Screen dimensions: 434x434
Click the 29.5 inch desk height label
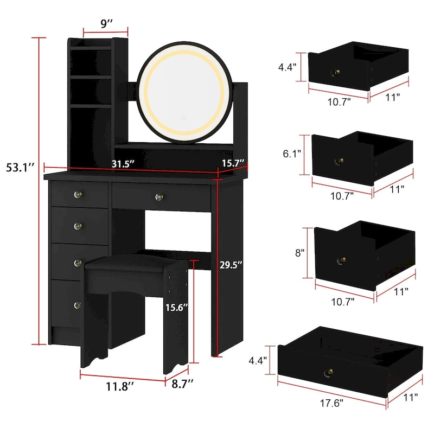(x=232, y=265)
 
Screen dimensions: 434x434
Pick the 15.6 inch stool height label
(x=177, y=307)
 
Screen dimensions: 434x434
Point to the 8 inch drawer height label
(x=300, y=252)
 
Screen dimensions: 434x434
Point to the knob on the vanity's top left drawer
(x=77, y=194)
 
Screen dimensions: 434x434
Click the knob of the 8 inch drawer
(x=342, y=261)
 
